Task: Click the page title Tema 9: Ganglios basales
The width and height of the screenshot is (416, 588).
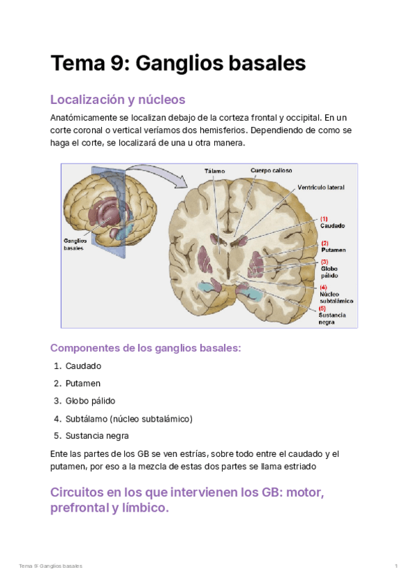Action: [177, 63]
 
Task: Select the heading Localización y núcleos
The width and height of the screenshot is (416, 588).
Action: [118, 99]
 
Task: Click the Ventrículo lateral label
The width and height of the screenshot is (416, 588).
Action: [321, 187]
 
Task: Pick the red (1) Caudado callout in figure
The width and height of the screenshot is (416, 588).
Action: [332, 223]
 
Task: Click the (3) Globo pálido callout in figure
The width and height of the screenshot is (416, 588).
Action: [329, 268]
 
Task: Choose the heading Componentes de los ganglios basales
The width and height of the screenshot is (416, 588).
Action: [146, 348]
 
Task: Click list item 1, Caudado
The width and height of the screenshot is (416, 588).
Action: [83, 365]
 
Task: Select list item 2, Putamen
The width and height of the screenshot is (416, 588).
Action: [83, 383]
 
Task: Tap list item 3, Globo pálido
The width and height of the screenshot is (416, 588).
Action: [90, 401]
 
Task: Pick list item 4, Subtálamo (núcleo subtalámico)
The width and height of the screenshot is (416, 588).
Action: [128, 419]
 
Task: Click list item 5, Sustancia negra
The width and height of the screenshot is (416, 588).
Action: [97, 436]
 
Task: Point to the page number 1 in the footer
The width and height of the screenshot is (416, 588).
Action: [396, 567]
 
